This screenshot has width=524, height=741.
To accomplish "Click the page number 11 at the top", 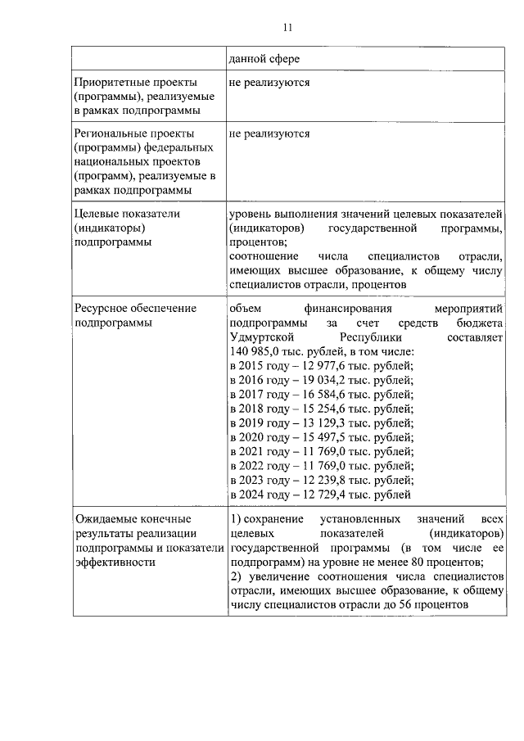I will (287, 27).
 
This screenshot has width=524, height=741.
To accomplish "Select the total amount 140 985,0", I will (255, 350).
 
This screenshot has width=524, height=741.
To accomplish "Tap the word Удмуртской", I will (263, 337).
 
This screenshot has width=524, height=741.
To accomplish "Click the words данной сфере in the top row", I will (261, 59).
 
